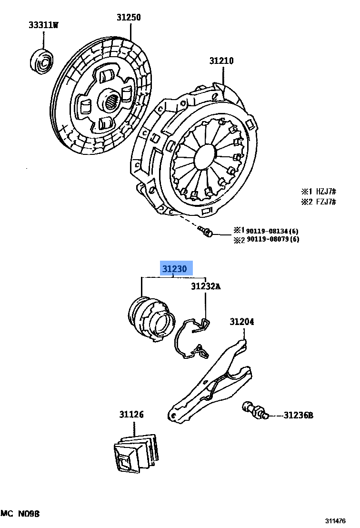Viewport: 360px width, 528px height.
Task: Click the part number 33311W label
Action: click(43, 25)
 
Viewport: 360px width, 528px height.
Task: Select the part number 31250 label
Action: click(129, 18)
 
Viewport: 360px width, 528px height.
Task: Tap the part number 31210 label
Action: click(221, 61)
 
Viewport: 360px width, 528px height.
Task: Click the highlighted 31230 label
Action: click(174, 269)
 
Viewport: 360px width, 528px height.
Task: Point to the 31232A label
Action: click(206, 286)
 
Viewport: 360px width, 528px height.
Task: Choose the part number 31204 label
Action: click(242, 322)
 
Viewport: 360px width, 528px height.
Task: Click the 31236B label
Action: click(298, 415)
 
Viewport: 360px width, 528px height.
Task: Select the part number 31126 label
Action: click(131, 415)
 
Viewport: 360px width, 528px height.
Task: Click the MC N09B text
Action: click(20, 514)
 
